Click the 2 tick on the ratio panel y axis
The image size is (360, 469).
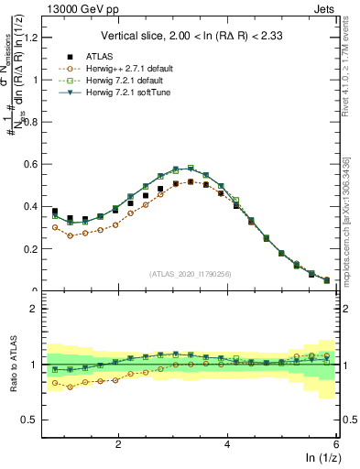33,309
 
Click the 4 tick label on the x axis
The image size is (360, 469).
227,443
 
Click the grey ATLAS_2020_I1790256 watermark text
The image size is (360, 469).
190,273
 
